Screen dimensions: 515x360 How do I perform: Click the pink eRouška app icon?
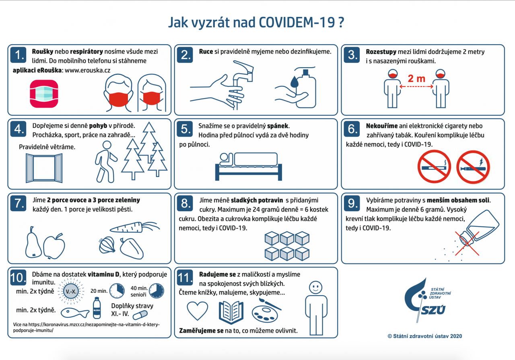click(44, 94)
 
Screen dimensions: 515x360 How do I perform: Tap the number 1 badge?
click(18, 55)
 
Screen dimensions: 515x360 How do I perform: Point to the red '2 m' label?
click(416, 78)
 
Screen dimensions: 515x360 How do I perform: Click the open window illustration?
click(44, 168)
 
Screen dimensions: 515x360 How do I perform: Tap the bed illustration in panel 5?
click(249, 167)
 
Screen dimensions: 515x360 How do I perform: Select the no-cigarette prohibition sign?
click(434, 167)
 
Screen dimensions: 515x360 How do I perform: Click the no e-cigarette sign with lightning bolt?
click(473, 167)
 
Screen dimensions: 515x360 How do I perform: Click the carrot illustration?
click(134, 227)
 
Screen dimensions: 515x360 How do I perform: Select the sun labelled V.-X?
click(71, 291)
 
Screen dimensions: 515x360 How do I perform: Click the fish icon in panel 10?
click(75, 313)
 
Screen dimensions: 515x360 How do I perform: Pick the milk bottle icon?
click(97, 308)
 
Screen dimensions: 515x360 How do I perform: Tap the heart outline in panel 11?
click(197, 311)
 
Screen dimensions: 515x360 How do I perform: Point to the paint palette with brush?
click(266, 311)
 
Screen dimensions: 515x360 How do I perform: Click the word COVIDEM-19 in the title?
click(297, 23)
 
